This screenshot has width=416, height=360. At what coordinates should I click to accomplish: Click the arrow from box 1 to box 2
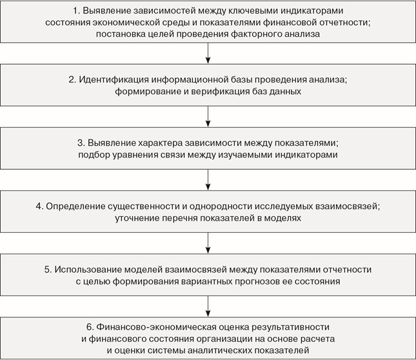[208, 53]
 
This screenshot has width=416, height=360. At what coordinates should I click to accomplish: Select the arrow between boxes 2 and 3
[208, 117]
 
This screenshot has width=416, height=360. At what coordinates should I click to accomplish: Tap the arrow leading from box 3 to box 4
[208, 179]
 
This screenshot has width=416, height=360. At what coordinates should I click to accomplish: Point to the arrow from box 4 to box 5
[208, 243]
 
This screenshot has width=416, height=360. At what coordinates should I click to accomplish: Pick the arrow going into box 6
[208, 306]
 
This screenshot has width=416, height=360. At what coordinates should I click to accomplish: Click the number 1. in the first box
[76, 10]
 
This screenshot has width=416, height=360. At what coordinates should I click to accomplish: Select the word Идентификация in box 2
[114, 79]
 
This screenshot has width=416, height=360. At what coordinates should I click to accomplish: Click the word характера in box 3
[160, 143]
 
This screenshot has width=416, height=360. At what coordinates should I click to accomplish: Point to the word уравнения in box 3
[135, 155]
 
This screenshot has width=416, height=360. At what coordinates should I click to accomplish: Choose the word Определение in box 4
[75, 206]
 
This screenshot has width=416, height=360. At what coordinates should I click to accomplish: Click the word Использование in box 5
[88, 270]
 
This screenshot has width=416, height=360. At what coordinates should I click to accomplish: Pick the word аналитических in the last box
[220, 350]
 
